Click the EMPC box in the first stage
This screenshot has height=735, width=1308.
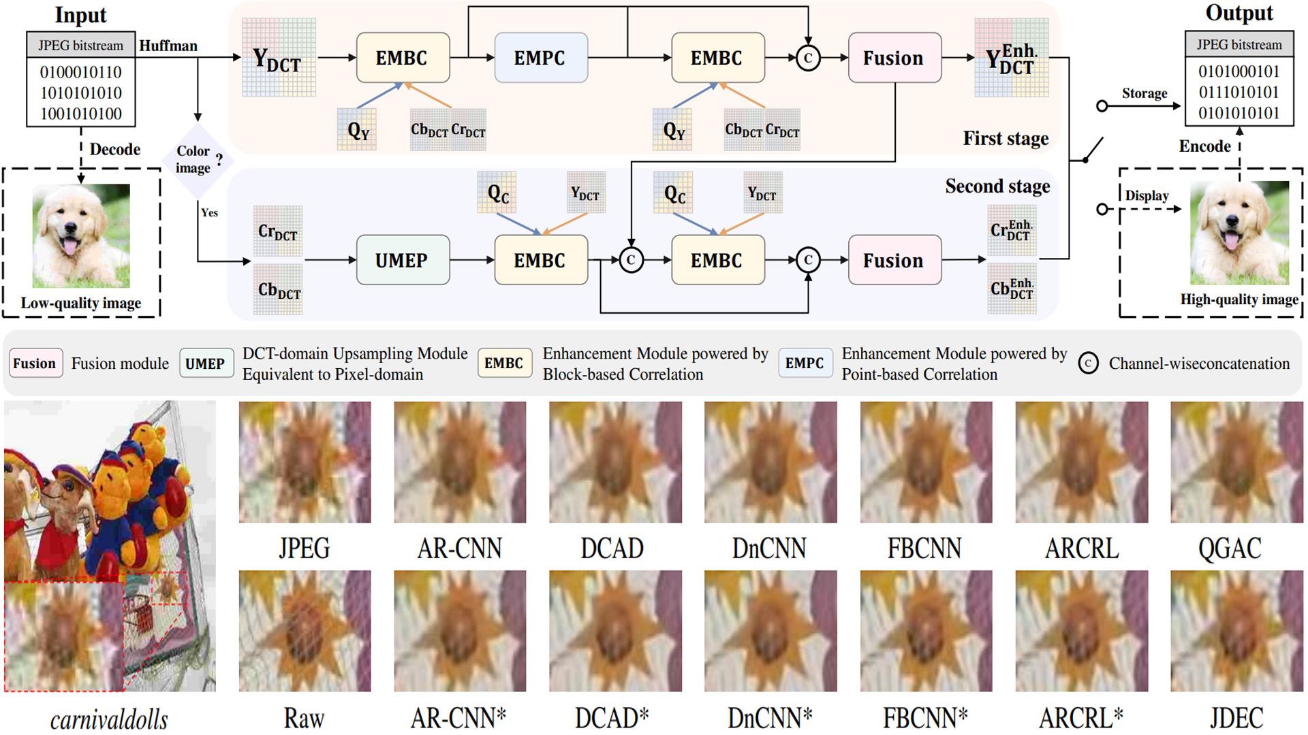tap(540, 58)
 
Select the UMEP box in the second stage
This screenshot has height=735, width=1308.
tap(402, 260)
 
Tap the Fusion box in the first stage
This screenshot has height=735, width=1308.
tap(894, 58)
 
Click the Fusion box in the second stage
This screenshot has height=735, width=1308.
tap(894, 260)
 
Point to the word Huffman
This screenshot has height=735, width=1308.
tap(168, 46)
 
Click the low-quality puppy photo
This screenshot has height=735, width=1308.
tap(81, 235)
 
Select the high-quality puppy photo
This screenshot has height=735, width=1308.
tap(1239, 233)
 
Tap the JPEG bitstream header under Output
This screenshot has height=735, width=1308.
tap(1239, 45)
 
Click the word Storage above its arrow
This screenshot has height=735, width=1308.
tap(1144, 93)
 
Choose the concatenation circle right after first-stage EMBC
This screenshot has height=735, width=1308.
tap(807, 58)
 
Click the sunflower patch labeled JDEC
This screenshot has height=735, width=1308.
tap(1236, 631)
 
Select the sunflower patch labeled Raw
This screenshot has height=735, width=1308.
tap(305, 631)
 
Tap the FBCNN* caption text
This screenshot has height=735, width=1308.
tap(925, 717)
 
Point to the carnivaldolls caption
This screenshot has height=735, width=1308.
tap(109, 719)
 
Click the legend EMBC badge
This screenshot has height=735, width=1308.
tap(504, 363)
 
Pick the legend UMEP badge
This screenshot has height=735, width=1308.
tap(205, 363)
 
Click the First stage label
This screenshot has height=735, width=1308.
tap(1006, 138)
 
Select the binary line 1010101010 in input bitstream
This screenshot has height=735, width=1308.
tap(81, 93)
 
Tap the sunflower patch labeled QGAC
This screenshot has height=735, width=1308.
tap(1236, 462)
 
